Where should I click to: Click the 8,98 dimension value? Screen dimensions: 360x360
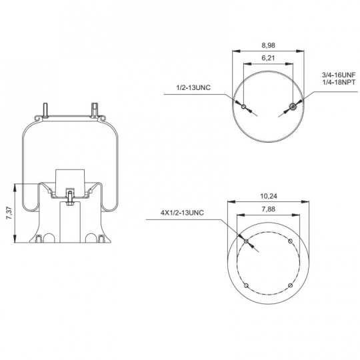268,45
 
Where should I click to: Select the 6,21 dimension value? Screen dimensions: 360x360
268,58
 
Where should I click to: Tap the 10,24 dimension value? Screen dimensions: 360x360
269,196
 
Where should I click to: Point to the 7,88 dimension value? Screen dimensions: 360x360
269,209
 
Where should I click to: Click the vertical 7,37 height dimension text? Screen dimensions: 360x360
9,213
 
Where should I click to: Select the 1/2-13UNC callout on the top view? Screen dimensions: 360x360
193,88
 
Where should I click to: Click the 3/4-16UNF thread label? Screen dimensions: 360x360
339,75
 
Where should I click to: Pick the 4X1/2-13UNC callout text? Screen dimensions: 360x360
182,213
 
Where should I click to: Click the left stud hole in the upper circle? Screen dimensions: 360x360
243,107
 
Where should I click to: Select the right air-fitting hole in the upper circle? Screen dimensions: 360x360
293,106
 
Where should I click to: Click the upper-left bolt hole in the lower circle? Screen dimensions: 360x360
246,241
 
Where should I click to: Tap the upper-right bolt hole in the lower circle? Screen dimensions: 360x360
290,241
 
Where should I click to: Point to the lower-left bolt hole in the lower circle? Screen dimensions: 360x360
246,285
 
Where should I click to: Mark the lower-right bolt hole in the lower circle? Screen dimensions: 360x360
290,285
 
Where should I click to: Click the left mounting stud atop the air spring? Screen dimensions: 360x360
45,111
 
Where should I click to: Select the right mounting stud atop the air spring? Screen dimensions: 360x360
95,110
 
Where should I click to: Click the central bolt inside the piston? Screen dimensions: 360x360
70,197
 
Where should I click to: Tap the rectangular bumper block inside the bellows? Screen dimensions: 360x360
70,183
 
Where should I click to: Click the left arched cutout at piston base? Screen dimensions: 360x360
49,238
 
